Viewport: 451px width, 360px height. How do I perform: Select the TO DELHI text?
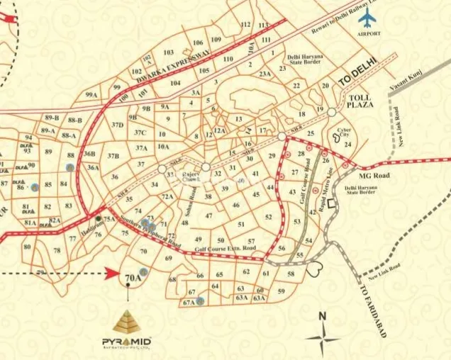(360, 74)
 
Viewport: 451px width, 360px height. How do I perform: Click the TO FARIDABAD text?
(373, 312)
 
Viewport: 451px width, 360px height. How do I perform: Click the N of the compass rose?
(322, 316)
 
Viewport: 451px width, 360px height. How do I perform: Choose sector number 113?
(246, 25)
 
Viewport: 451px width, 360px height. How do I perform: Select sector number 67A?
(188, 303)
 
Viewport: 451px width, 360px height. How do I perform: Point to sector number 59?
(282, 291)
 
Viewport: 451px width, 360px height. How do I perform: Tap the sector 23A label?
(265, 74)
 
